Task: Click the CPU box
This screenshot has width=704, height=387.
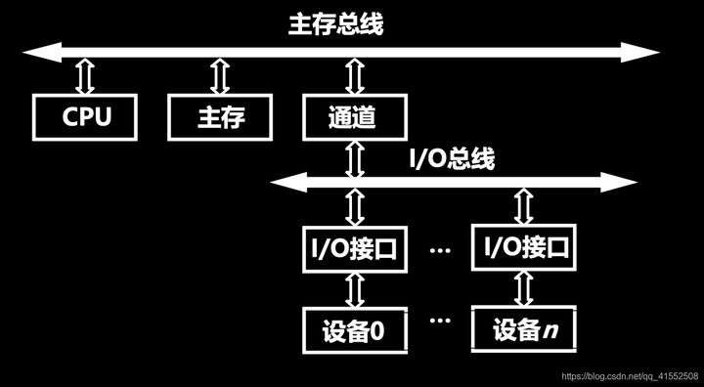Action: [86, 118]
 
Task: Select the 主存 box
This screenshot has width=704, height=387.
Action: [220, 118]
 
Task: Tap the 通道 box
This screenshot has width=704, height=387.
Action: [353, 118]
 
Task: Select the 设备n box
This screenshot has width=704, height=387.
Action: [522, 330]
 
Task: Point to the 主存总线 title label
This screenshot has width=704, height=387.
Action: [335, 23]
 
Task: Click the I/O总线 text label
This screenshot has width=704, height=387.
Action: [451, 159]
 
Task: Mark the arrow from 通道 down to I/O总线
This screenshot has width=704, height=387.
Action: [353, 156]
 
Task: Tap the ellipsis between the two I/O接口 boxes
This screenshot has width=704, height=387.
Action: [439, 250]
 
